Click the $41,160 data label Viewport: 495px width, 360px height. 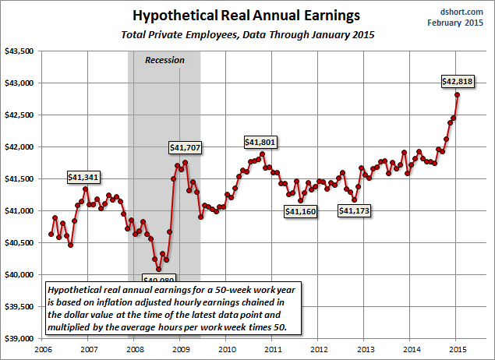pyautogui.click(x=300, y=211)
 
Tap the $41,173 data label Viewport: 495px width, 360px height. pyautogui.click(x=357, y=210)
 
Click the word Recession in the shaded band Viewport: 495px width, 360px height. pyautogui.click(x=164, y=60)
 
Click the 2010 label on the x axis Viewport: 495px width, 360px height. pyautogui.click(x=226, y=348)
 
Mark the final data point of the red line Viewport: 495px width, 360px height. pyautogui.click(x=457, y=94)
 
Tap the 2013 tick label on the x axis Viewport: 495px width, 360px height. pyautogui.click(x=365, y=348)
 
